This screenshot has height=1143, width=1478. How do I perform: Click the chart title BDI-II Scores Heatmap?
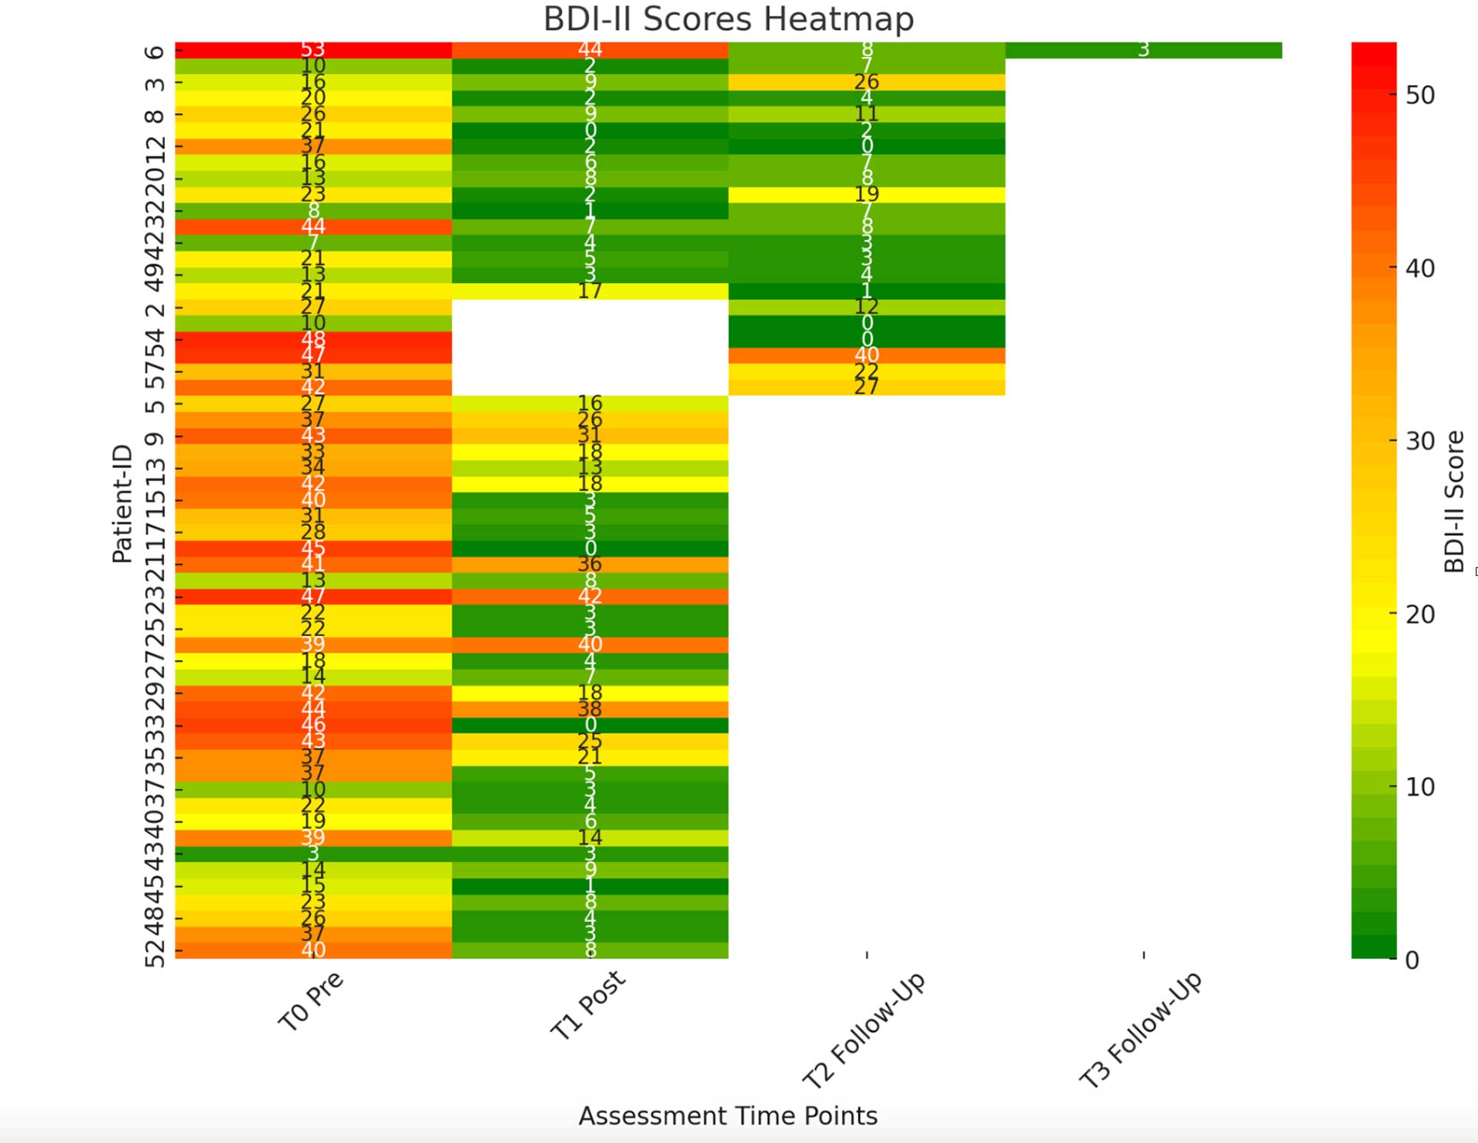pyautogui.click(x=728, y=19)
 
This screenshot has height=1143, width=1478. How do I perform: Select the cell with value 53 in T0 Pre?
pyautogui.click(x=313, y=50)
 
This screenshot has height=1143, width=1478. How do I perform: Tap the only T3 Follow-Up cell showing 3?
pyautogui.click(x=1143, y=50)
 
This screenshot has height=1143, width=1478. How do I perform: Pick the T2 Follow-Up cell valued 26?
pyautogui.click(x=866, y=82)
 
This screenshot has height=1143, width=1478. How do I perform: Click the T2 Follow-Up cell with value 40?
pyautogui.click(x=866, y=355)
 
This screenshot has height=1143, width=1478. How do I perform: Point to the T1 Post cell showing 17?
pyautogui.click(x=590, y=291)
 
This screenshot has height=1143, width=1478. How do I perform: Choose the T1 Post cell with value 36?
pyautogui.click(x=590, y=564)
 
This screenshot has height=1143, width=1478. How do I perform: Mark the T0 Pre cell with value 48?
pyautogui.click(x=313, y=339)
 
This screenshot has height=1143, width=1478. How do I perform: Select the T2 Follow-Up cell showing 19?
pyautogui.click(x=866, y=195)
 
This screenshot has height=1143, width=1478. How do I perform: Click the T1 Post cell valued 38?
pyautogui.click(x=590, y=709)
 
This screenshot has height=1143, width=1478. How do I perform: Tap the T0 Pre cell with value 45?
pyautogui.click(x=313, y=549)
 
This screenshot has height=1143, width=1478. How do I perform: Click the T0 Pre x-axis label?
pyautogui.click(x=311, y=1001)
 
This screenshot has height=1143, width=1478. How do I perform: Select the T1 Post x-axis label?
pyautogui.click(x=588, y=1004)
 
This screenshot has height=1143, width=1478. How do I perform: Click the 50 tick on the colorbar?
pyautogui.click(x=1419, y=95)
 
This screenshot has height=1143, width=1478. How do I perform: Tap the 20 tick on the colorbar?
pyautogui.click(x=1419, y=614)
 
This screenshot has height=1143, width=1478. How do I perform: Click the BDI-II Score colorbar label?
pyautogui.click(x=1453, y=501)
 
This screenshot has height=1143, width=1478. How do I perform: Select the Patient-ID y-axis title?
pyautogui.click(x=122, y=504)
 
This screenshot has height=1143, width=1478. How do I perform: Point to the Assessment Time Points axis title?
pyautogui.click(x=727, y=1115)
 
